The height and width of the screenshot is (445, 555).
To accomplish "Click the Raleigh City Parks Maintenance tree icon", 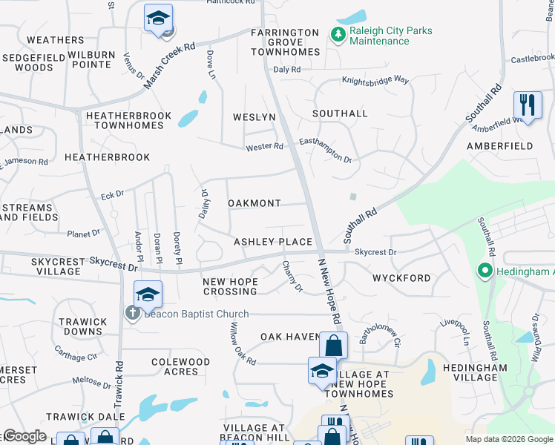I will tap(337, 34).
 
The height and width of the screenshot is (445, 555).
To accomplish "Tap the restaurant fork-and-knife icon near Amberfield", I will tap(527, 104).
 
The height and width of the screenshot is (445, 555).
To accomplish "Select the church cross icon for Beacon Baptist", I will tap(132, 313).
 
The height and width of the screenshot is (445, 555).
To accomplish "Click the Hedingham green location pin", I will tap(485, 271).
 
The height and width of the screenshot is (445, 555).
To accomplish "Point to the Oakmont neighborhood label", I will tap(254, 203).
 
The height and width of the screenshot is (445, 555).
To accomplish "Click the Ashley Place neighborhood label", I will tap(273, 242).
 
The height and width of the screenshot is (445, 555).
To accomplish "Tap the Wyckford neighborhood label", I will tap(400, 278).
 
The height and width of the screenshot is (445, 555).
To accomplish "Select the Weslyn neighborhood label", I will tap(254, 117).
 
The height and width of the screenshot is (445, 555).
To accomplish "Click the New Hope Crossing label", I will tap(230, 286).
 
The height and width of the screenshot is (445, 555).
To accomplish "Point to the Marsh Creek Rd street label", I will tap(169, 66).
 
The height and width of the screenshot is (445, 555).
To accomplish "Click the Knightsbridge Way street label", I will tap(375, 80).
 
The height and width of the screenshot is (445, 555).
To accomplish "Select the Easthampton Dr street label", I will tap(325, 149).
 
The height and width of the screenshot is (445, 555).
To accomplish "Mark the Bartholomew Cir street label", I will tap(380, 333).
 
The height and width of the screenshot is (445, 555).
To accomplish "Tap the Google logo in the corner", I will tap(24, 436).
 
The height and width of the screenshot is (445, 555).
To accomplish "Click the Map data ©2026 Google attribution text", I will tap(508, 439).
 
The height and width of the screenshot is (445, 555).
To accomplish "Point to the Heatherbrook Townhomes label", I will tap(125, 121).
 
